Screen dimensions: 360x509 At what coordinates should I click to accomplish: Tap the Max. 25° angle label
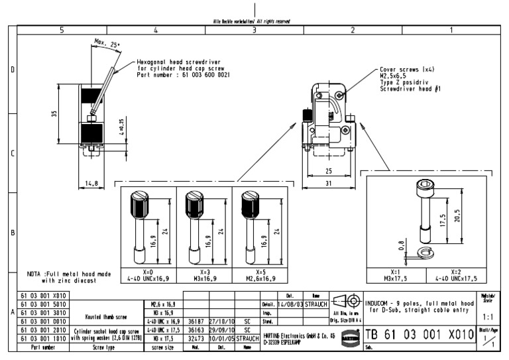(105, 44)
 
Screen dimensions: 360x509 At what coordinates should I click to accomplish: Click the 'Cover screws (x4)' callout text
(408, 69)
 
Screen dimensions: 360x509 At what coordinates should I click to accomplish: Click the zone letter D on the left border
(12, 69)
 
